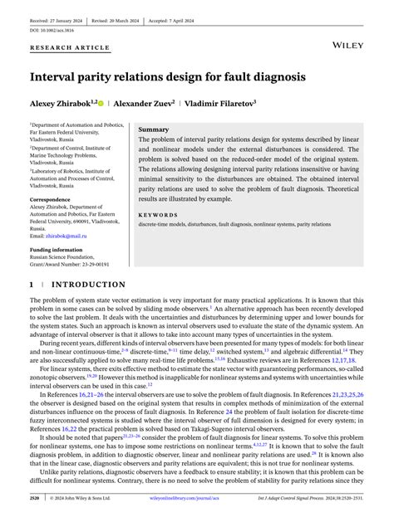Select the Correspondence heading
[x=57, y=200]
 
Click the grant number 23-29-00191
[x=98, y=265]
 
